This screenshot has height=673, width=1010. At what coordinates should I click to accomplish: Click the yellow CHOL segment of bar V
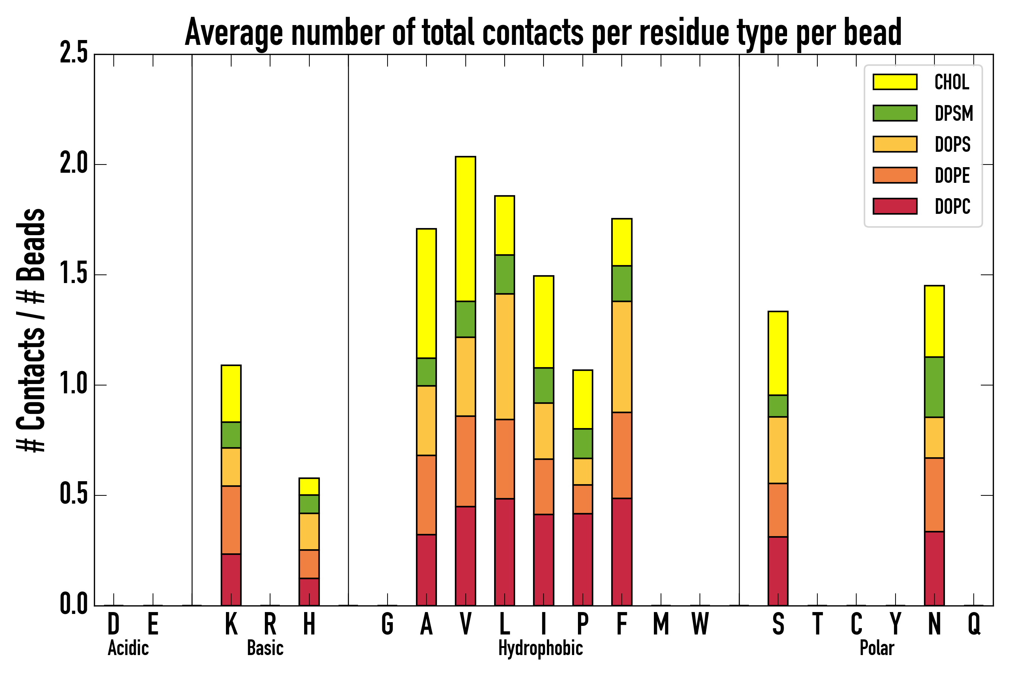point(465,229)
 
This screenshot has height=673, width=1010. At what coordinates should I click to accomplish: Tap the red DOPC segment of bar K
point(231,580)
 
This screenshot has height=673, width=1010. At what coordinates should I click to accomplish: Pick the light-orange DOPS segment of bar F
point(621,357)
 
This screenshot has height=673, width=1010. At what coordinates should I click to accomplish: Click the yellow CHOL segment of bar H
point(309,486)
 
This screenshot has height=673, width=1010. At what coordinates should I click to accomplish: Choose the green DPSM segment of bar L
point(505,274)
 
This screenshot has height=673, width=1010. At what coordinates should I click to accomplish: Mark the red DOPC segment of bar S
point(778,571)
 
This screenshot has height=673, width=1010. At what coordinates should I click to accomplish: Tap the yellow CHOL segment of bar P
point(583,399)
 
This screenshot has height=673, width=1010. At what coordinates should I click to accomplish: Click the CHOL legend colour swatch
point(895,82)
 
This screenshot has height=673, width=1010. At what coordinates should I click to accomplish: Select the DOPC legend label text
point(952,206)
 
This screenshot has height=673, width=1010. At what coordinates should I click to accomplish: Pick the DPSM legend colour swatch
point(895,113)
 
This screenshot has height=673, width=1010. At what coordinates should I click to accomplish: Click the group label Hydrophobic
point(540,648)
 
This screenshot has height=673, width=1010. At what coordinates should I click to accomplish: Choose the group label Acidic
point(128,648)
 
